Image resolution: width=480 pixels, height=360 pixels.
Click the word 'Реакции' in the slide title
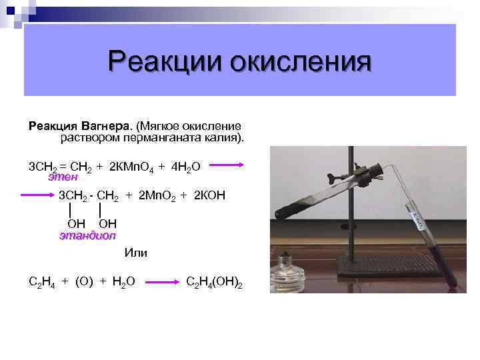167,64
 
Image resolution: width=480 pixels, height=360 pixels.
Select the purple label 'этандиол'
87,235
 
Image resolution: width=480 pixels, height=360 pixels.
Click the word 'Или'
136,253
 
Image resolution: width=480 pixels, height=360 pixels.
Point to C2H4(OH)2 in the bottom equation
214,282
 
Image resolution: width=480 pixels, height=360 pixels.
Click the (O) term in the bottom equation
84,282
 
